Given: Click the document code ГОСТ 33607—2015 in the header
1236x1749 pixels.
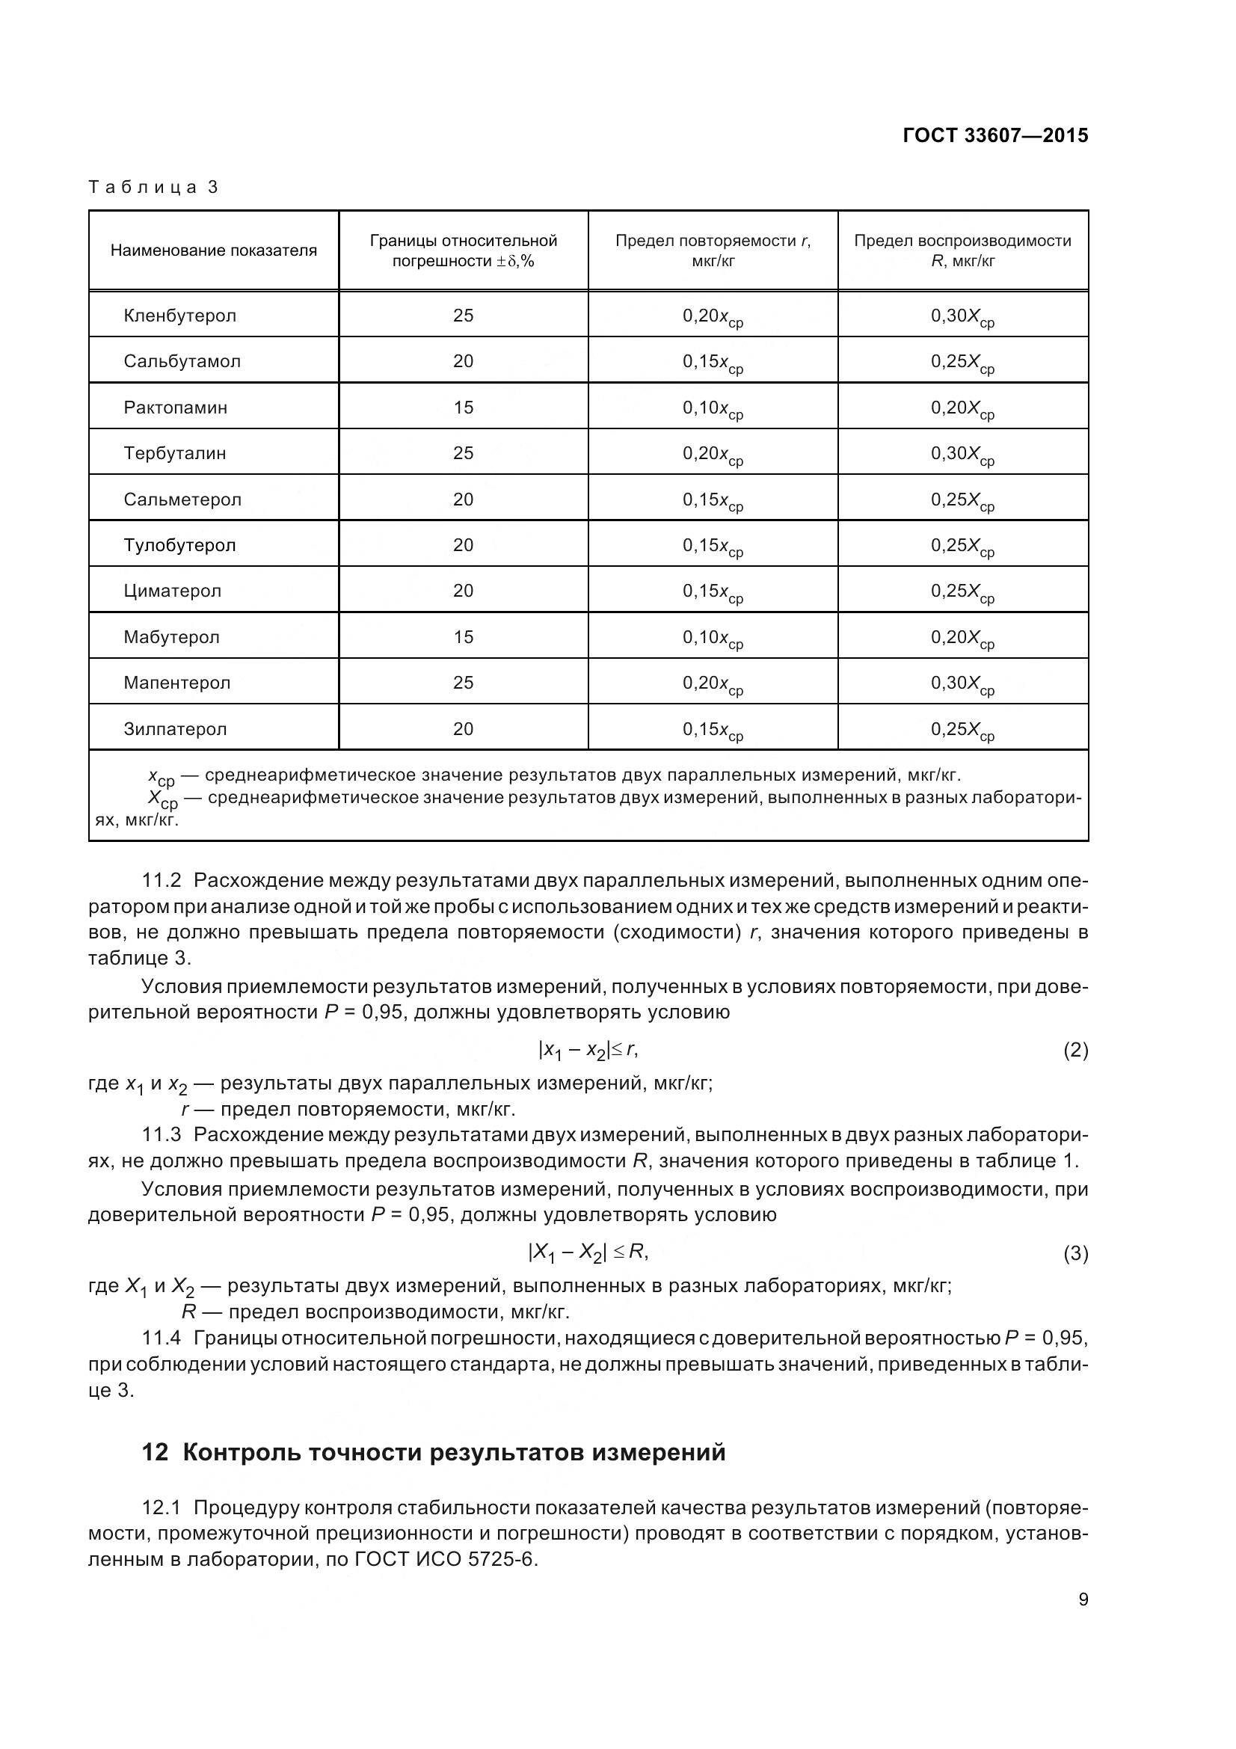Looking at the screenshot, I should [994, 135].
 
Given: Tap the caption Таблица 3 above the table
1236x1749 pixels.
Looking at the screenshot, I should [154, 188].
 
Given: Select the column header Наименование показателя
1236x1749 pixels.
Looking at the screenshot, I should [213, 250].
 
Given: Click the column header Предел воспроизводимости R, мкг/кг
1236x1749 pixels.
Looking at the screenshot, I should [962, 250].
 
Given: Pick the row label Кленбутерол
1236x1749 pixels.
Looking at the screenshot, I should [179, 316].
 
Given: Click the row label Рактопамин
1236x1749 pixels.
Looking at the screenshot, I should [175, 408].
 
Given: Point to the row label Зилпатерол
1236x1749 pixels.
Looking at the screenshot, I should [175, 729].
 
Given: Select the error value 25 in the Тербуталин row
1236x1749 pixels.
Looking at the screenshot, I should [463, 453].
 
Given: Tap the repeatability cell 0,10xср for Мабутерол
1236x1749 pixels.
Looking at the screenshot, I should [712, 639].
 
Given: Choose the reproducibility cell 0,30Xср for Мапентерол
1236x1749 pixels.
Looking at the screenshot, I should [962, 684].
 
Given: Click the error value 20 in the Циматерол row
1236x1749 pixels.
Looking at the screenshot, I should [463, 591].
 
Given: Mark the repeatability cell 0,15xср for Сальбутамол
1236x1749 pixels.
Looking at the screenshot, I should [712, 363].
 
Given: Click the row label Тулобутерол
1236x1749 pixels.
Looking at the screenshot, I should [179, 545].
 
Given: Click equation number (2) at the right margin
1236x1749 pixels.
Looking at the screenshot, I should [1074, 1051].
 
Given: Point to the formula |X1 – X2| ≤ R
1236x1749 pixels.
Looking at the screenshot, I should [587, 1252].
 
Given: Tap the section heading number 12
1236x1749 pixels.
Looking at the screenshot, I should [155, 1453].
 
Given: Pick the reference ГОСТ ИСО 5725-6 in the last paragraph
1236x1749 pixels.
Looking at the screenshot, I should [446, 1559].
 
